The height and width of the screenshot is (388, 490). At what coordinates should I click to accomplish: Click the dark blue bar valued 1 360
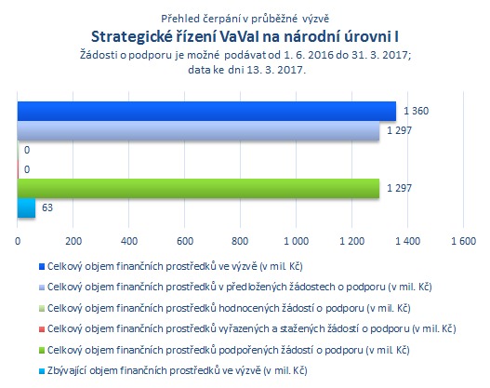pos(206,111)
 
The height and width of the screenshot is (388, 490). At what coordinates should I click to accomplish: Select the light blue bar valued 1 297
pos(198,130)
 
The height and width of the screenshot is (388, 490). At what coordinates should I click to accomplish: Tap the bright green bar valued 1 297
pos(198,189)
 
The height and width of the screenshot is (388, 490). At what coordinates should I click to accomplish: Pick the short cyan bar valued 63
pos(26,207)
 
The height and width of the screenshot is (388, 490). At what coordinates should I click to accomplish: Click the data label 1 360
pos(416,111)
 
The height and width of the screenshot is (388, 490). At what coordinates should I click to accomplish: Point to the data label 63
pos(47,207)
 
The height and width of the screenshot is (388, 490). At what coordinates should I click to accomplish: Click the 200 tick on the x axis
pos(73,241)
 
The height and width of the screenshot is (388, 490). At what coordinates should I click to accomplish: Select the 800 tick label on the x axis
pos(240,241)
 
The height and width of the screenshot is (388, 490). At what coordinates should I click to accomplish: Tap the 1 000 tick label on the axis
pos(296,241)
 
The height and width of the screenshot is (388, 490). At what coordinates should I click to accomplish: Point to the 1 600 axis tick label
pos(463,241)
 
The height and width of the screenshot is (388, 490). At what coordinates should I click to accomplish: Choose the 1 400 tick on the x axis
pos(408,241)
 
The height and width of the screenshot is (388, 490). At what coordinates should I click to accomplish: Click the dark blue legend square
pos(42,267)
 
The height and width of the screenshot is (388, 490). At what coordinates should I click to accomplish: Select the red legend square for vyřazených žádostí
pos(42,329)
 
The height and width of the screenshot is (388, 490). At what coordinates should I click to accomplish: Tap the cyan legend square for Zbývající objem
pos(42,371)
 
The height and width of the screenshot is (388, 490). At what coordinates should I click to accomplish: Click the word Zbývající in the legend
pos(64,371)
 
